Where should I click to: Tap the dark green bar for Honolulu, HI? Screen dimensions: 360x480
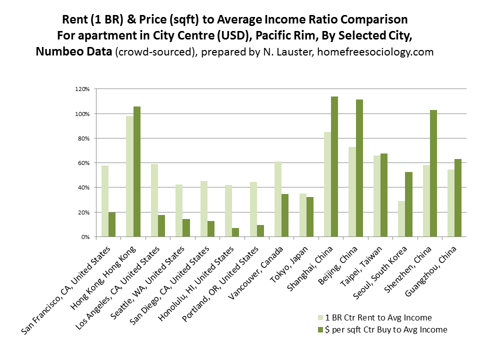pyautogui.click(x=235, y=232)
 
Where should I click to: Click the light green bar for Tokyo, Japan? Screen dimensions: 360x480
pyautogui.click(x=303, y=215)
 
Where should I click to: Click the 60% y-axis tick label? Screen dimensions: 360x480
pyautogui.click(x=83, y=163)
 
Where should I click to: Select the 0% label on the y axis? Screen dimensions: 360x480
pyautogui.click(x=85, y=237)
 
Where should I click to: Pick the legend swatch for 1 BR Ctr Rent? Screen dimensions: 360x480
pyautogui.click(x=320, y=317)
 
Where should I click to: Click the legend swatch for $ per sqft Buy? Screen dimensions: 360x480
pyautogui.click(x=320, y=329)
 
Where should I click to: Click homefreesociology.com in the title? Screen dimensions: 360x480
pyautogui.click(x=384, y=52)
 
